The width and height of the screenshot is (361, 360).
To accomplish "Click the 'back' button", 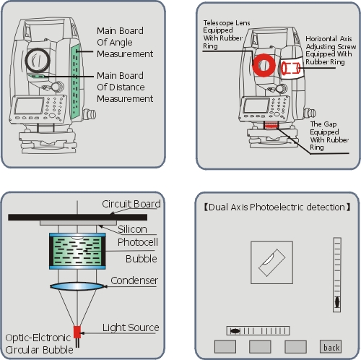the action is point(331,346).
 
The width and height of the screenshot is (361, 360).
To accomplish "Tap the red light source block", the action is point(77,332).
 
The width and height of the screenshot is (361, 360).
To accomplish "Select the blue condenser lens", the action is point(77,286).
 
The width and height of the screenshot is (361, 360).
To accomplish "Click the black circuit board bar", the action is point(77,217).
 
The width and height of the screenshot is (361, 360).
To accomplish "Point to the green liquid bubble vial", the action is point(77,251).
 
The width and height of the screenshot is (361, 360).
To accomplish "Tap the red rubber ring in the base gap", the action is point(271,125).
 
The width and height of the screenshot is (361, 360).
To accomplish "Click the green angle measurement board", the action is point(75,81).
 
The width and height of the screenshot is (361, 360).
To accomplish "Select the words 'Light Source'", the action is point(131,327).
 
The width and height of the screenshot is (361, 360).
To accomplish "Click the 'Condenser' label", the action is point(134,280).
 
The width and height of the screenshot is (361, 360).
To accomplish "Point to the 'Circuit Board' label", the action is point(131,204).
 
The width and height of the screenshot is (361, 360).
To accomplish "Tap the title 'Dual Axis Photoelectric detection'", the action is point(277,207).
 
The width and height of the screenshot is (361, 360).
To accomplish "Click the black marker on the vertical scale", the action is point(337,302).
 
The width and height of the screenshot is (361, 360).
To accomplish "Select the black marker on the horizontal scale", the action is point(235,330).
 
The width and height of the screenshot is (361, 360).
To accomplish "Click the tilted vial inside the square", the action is point(272,262).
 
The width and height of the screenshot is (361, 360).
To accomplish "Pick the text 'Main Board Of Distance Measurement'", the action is point(125,87).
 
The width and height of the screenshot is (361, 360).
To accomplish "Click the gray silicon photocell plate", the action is point(78,223).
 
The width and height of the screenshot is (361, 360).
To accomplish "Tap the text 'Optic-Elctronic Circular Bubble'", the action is point(39,343).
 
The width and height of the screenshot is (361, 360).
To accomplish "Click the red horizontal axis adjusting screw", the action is point(291,68).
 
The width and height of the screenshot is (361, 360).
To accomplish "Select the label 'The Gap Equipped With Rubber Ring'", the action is point(329,136).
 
